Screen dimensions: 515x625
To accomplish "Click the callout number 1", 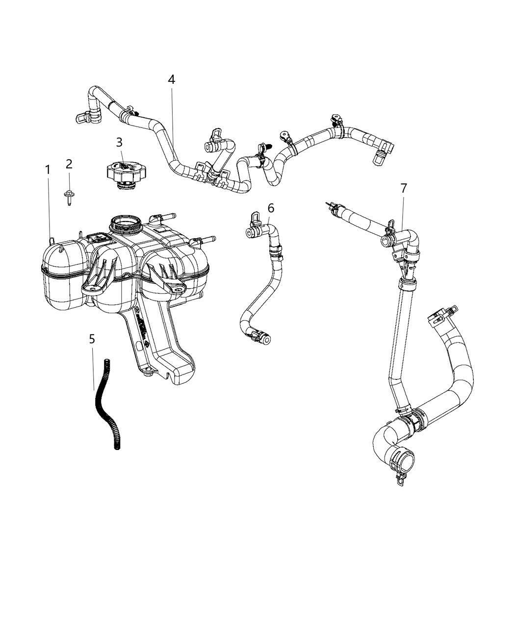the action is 48,170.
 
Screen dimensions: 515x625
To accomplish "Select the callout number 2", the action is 69,164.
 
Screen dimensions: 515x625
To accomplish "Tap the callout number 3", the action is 119,143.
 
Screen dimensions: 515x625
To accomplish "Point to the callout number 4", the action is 172,79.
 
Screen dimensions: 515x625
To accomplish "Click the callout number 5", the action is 92,339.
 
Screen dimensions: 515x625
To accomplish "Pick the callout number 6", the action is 271,208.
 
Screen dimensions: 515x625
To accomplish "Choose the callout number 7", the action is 404,188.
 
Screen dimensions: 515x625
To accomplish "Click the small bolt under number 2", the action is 69,198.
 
